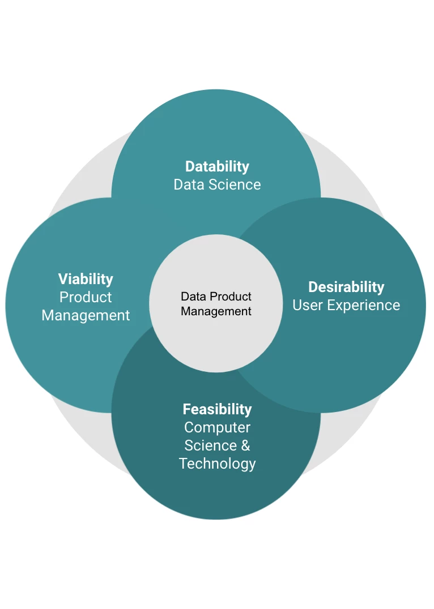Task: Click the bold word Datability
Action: pyautogui.click(x=217, y=166)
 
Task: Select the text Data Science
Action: pyautogui.click(x=217, y=185)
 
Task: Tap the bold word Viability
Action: pyautogui.click(x=86, y=279)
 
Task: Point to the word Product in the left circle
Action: pyautogui.click(x=86, y=297)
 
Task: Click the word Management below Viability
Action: pyautogui.click(x=86, y=315)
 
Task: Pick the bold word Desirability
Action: pyautogui.click(x=346, y=287)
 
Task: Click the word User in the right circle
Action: pyautogui.click(x=307, y=305)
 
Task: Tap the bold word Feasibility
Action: pyautogui.click(x=217, y=409)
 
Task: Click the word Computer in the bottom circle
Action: pyautogui.click(x=217, y=427)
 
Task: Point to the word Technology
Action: pyautogui.click(x=217, y=464)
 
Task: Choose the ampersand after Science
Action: pyautogui.click(x=245, y=445)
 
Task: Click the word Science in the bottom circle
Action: pyautogui.click(x=210, y=445)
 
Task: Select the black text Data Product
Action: pyautogui.click(x=216, y=297)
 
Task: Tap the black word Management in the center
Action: pyautogui.click(x=216, y=311)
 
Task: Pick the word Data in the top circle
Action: pyautogui.click(x=188, y=185)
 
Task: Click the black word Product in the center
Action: pyautogui.click(x=231, y=297)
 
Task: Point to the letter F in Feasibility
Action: pyautogui.click(x=186, y=409)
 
